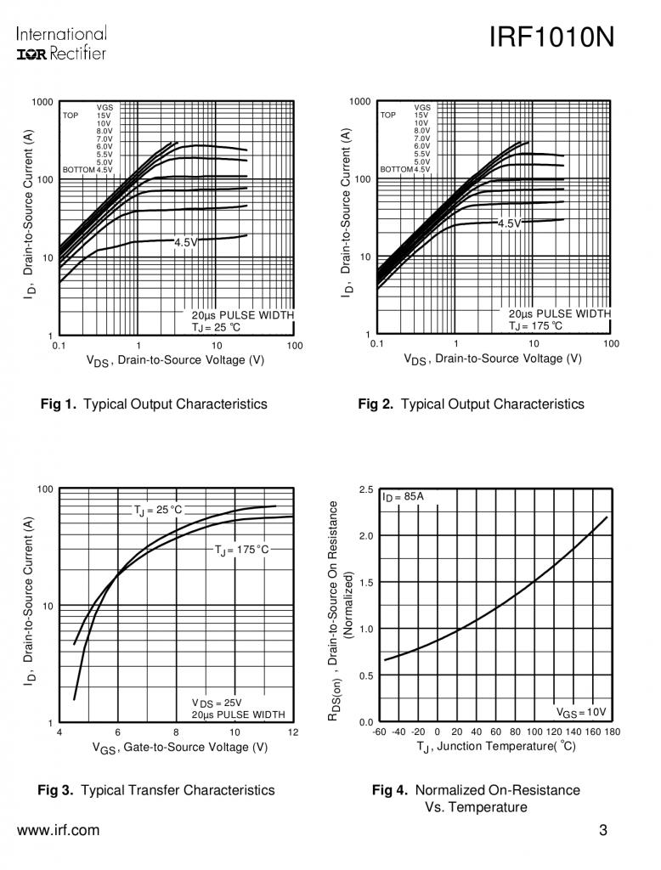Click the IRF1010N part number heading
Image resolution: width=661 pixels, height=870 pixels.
551,38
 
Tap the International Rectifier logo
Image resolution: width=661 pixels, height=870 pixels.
61,44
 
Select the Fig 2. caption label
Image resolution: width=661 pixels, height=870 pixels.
375,404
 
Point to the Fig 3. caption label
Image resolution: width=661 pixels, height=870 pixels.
55,790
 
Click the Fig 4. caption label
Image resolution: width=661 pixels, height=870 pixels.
390,790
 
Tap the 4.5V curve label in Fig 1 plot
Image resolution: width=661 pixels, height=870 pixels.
185,242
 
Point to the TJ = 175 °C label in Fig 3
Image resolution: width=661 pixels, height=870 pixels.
242,551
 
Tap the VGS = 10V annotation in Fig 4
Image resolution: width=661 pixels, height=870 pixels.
581,712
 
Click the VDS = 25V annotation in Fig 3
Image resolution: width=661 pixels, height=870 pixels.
217,703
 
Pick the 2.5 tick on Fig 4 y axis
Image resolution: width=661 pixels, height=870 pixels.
366,489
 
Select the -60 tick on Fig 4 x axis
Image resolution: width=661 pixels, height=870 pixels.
379,732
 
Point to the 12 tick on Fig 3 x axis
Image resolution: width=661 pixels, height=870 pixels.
293,732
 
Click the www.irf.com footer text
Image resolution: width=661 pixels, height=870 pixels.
58,831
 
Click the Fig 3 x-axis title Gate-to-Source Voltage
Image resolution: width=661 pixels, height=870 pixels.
180,748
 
